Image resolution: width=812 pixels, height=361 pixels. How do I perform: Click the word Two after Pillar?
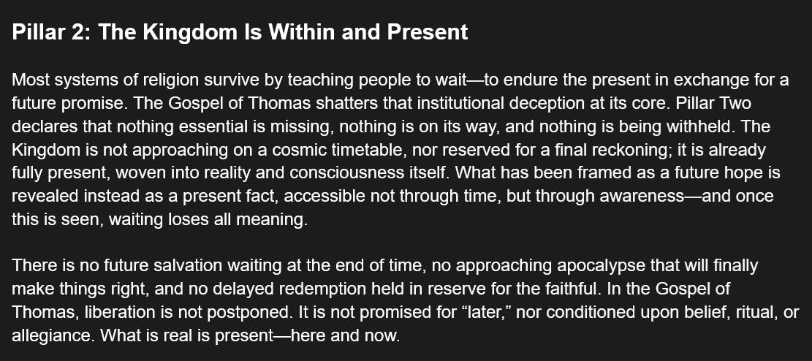click(x=733, y=104)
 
